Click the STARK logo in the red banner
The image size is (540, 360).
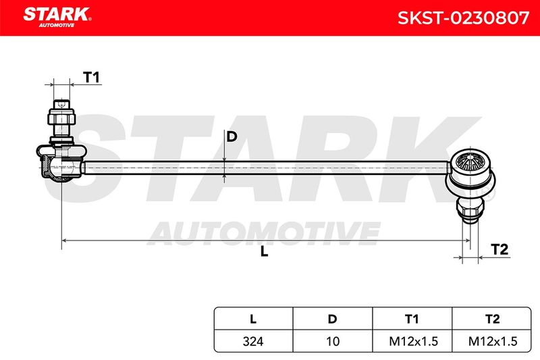[x=57, y=17]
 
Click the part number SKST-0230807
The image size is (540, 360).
[x=463, y=18]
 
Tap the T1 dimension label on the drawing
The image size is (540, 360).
[x=91, y=77]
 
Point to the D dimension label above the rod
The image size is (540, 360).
[x=232, y=136]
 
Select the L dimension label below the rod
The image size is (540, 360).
[x=264, y=251]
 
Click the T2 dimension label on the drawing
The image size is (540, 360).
[x=500, y=249]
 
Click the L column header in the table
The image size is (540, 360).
[x=253, y=319]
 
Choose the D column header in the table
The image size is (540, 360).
[x=332, y=319]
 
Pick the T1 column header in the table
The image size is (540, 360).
[x=412, y=319]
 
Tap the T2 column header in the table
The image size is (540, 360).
[x=493, y=319]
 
